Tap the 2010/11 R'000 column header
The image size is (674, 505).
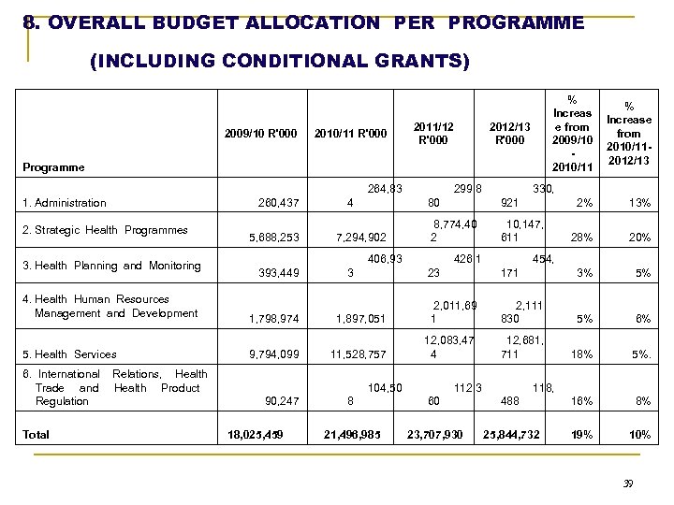click(350, 133)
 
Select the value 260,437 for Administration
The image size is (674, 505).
click(278, 203)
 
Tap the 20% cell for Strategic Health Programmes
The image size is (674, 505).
click(639, 238)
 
